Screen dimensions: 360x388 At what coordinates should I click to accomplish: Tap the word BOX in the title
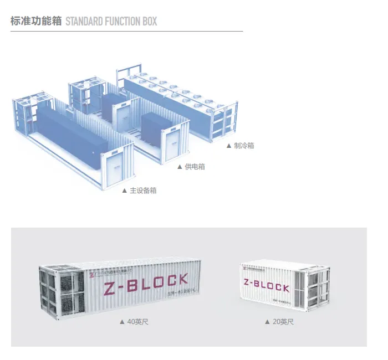[x=148, y=22]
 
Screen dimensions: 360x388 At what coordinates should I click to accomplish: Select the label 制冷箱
[x=244, y=146]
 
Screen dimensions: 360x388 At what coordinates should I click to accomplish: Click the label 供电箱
[x=195, y=167]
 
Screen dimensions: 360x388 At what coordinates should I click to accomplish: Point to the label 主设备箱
[x=143, y=191]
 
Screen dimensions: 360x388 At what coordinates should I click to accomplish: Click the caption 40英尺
[x=137, y=322]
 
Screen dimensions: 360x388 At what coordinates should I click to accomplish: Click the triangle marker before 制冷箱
[x=228, y=146]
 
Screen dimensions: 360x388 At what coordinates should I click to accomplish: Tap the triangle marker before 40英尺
[x=122, y=322]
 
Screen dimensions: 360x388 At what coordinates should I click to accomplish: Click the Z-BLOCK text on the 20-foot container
[x=266, y=285]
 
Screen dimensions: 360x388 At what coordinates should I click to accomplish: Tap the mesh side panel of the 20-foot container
[x=313, y=288]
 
